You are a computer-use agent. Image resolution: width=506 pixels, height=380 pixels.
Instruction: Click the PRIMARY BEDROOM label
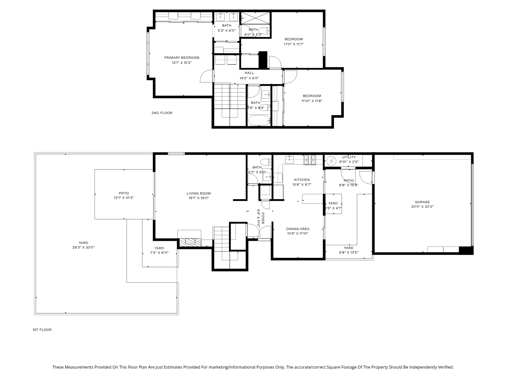tap(182, 58)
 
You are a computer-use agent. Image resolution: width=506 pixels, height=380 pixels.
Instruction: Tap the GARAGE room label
tap(422, 202)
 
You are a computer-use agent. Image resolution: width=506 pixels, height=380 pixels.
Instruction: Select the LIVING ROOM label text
tap(199, 194)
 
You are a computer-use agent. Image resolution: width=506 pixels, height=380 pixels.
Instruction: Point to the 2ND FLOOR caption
tap(162, 113)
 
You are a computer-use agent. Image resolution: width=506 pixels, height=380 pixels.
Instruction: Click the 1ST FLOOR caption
tap(42, 330)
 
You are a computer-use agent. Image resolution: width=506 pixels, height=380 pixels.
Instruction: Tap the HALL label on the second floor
tap(249, 73)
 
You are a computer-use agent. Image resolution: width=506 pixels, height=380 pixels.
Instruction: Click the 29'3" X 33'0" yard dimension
tap(83, 248)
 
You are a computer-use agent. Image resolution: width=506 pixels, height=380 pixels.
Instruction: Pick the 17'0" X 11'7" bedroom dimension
tap(293, 44)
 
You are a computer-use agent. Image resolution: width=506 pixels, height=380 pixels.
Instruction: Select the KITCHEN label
tap(302, 180)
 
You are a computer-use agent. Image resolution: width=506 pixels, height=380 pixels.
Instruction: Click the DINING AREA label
tap(298, 229)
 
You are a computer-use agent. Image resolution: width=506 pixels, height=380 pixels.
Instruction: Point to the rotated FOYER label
tap(263, 218)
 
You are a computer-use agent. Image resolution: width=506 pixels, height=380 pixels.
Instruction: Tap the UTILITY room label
tap(349, 157)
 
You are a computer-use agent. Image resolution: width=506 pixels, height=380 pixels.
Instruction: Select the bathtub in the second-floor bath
tap(259, 120)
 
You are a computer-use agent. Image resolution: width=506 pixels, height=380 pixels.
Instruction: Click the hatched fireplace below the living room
tap(190, 242)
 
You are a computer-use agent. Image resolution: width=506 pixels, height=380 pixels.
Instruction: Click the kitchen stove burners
tap(310, 160)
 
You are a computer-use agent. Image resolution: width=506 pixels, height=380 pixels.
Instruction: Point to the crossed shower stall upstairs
tap(255, 18)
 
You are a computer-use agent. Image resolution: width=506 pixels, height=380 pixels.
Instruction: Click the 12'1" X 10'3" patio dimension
tap(124, 198)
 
